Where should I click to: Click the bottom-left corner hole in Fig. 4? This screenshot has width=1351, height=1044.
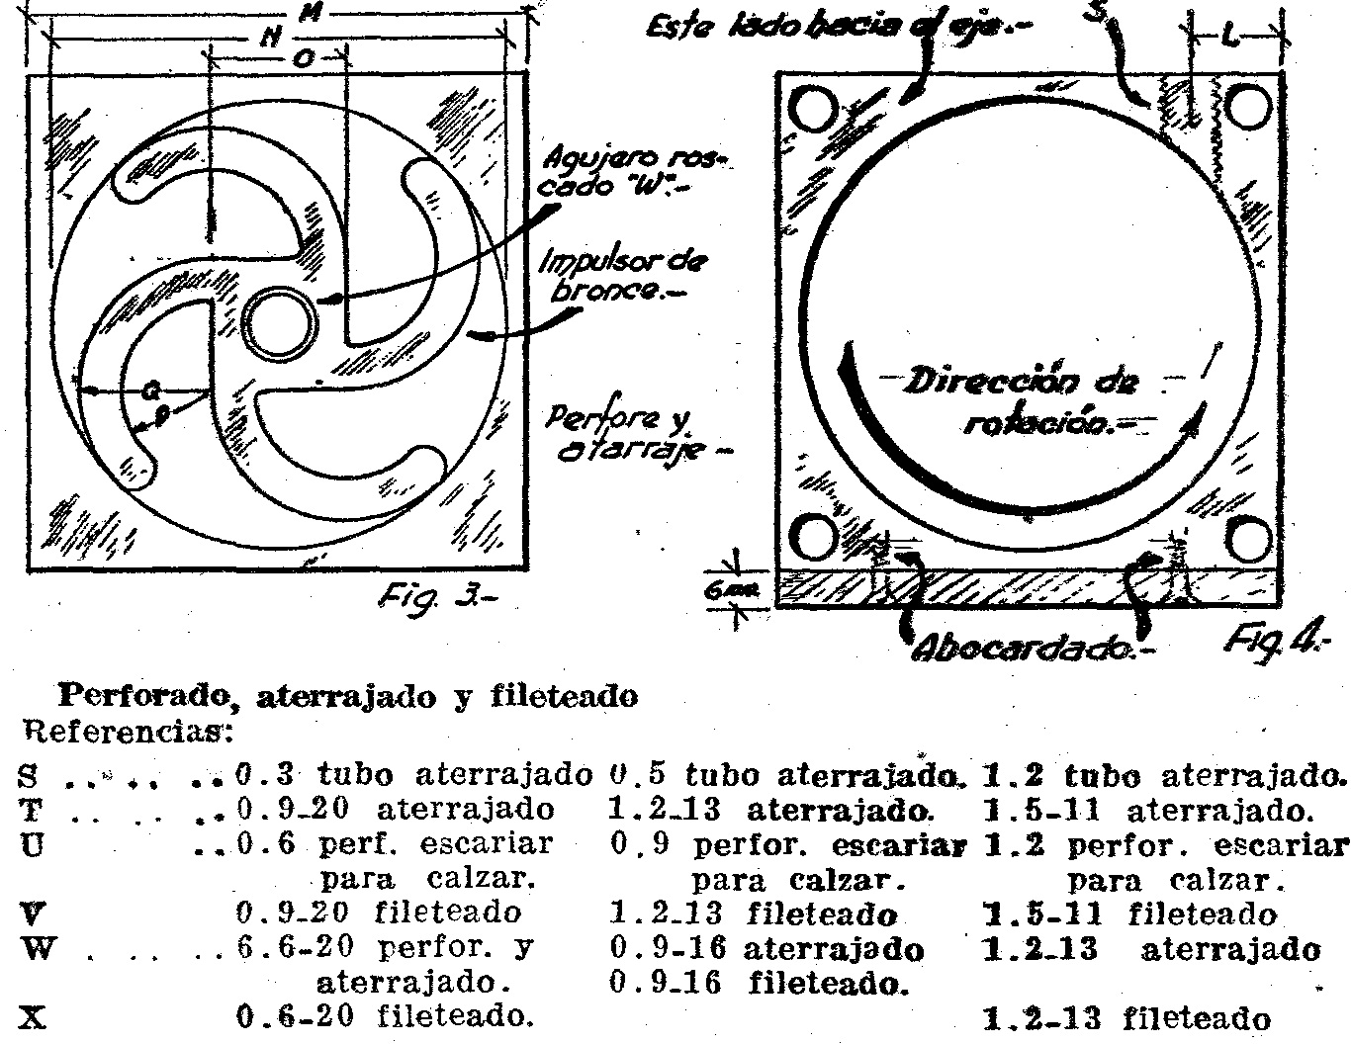tap(814, 539)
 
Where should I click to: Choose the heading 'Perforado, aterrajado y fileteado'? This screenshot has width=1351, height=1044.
tap(348, 696)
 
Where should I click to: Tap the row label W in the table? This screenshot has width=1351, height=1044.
tap(34, 948)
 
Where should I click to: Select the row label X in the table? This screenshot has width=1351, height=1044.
tap(34, 1016)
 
